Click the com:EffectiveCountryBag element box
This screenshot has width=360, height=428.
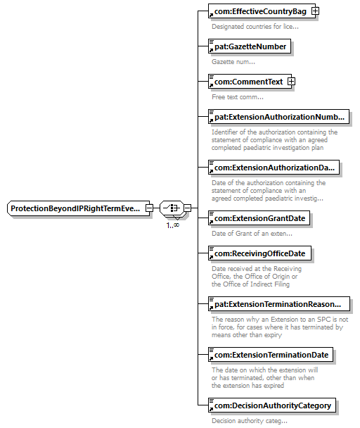(262, 11)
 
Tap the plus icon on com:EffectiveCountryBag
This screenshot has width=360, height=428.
(316, 11)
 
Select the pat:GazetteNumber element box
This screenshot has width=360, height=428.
(250, 46)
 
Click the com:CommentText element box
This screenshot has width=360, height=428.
(250, 82)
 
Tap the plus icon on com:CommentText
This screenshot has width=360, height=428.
(292, 82)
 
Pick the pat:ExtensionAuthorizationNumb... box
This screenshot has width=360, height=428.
(278, 117)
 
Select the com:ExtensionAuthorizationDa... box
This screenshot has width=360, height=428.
(274, 168)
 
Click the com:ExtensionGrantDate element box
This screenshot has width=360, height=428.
(259, 218)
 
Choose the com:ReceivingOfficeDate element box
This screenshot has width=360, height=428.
(259, 253)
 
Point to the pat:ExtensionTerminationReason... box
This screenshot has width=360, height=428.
(279, 304)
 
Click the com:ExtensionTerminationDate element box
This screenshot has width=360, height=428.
(271, 355)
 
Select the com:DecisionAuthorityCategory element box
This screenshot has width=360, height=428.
(272, 405)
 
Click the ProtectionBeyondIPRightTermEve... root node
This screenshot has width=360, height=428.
(78, 208)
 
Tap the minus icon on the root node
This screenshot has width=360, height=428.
(149, 208)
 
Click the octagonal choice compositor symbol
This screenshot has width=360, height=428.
(172, 208)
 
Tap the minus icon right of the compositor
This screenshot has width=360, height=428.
(187, 208)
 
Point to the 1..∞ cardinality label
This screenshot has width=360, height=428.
(173, 225)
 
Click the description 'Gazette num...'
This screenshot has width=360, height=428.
(233, 62)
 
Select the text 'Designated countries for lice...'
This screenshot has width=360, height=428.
(255, 27)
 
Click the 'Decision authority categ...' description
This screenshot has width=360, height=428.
(250, 421)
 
